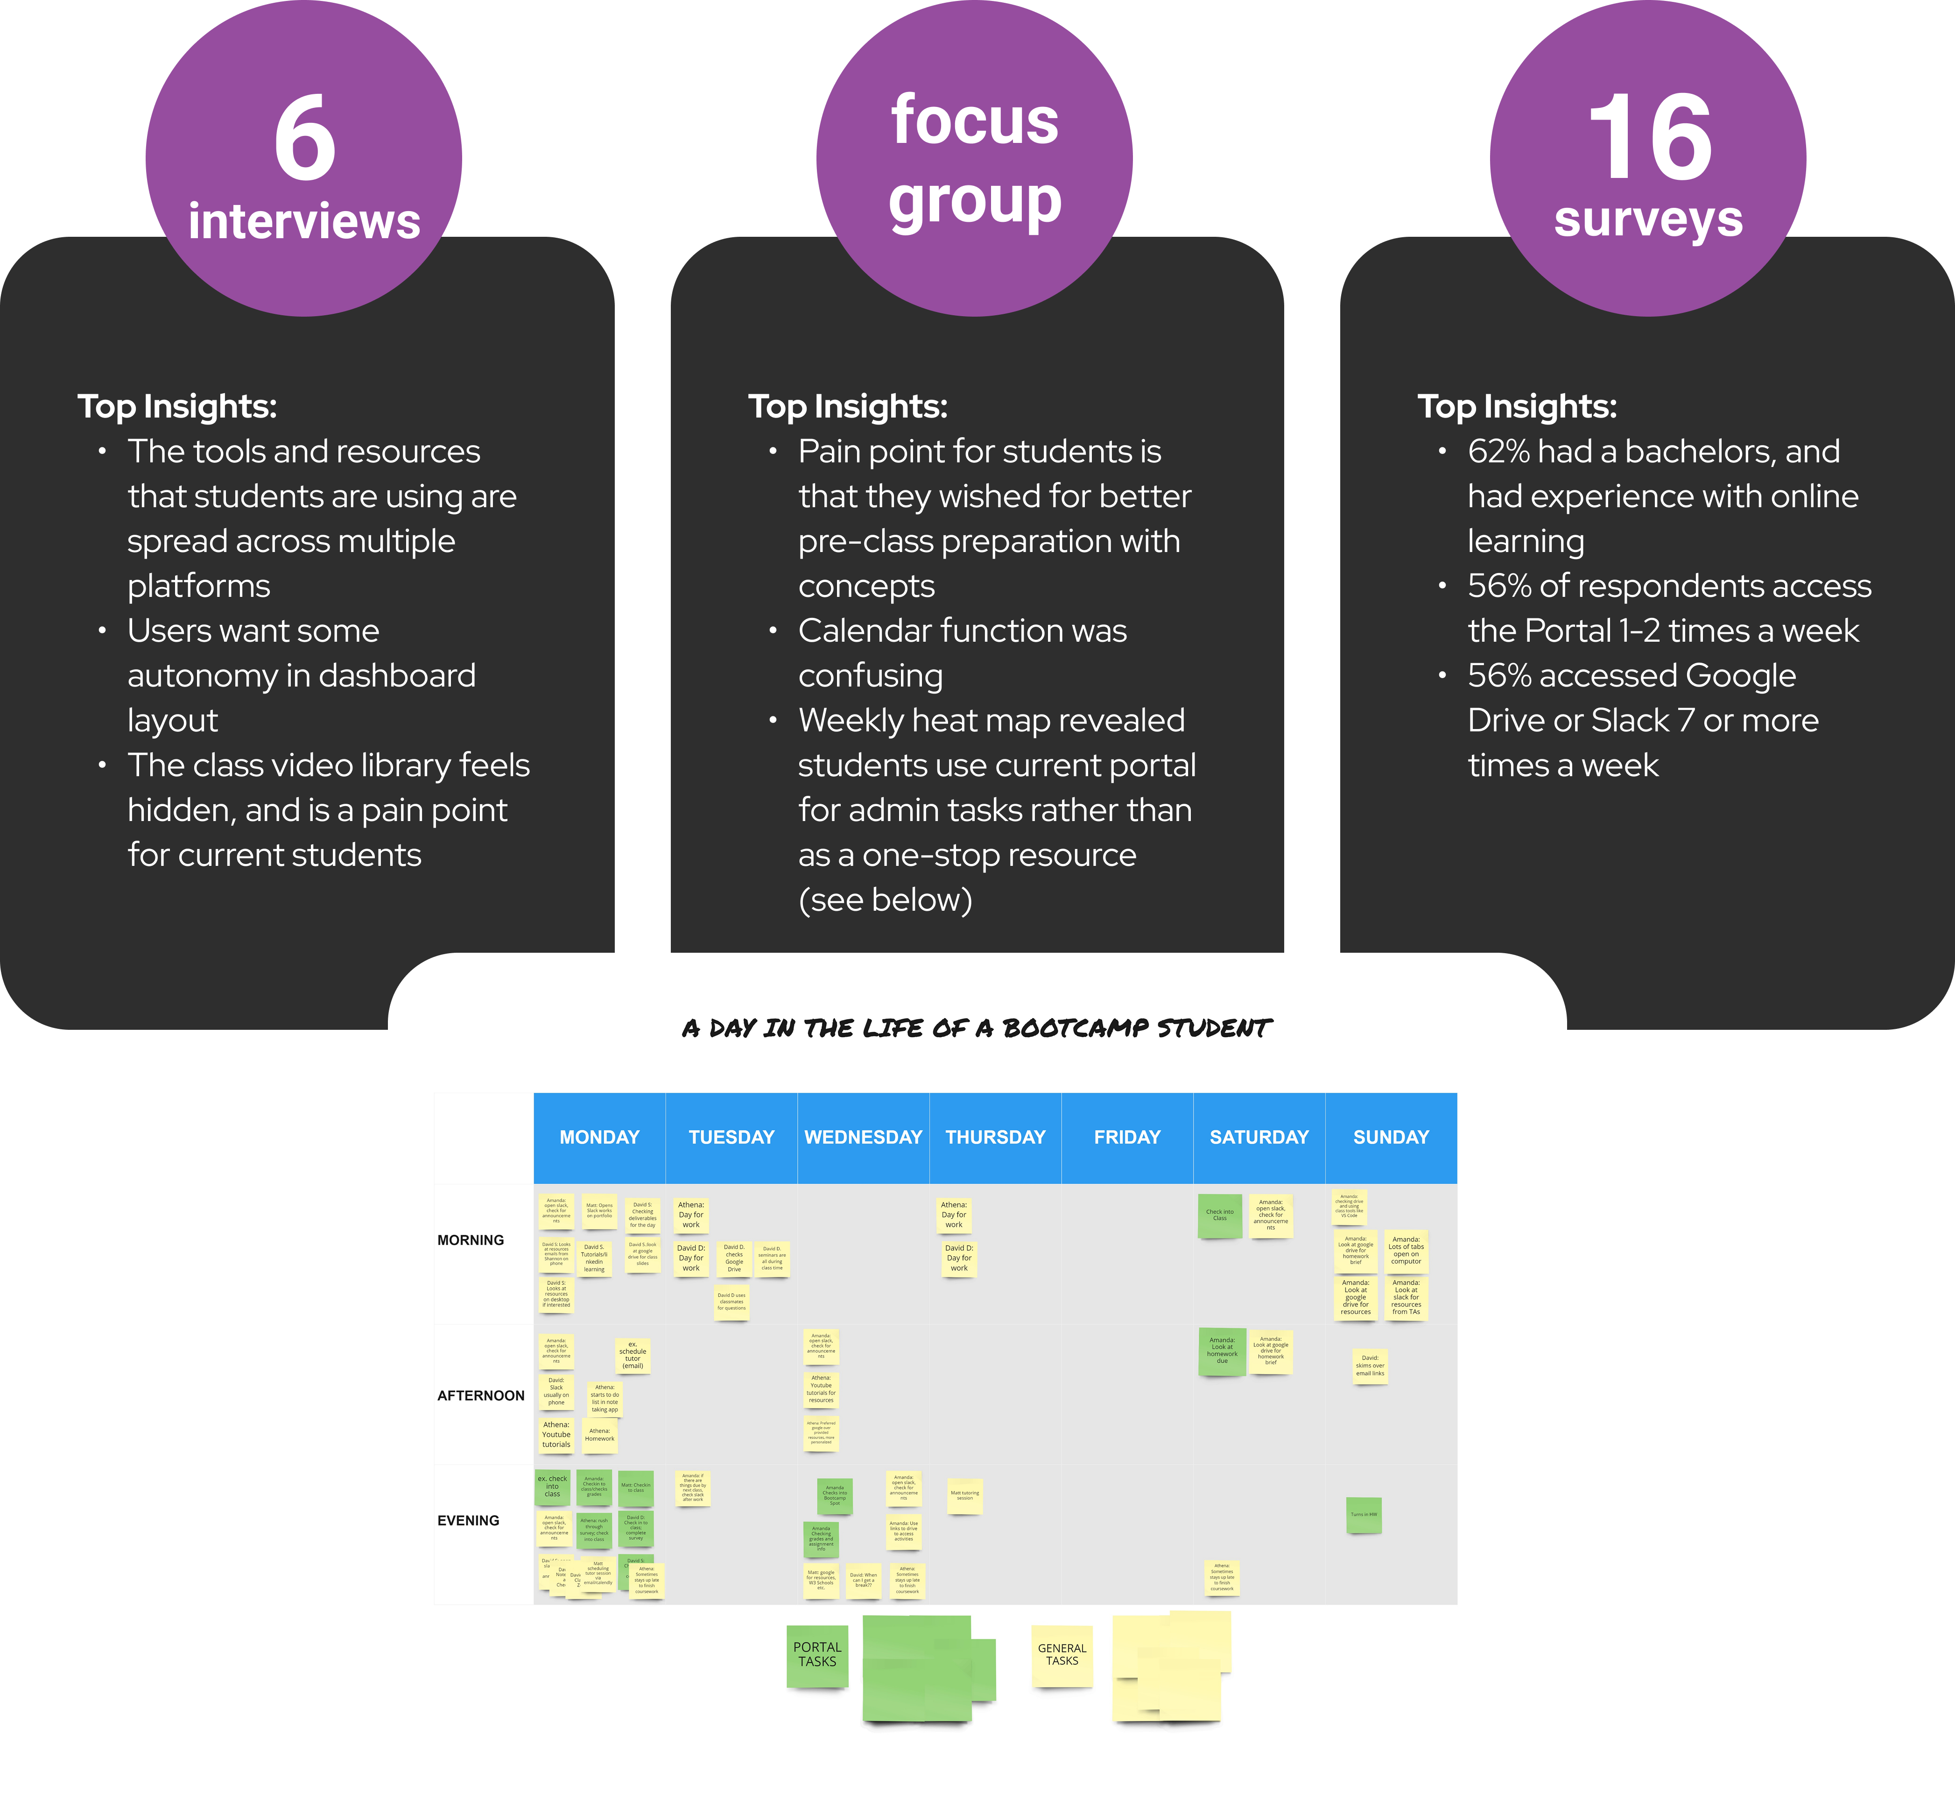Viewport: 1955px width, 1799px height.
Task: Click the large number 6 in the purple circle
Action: pos(304,139)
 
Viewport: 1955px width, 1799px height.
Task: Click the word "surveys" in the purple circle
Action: pos(1648,219)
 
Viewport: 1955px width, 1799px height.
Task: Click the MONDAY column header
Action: pos(599,1137)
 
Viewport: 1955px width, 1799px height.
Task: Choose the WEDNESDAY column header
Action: pos(863,1137)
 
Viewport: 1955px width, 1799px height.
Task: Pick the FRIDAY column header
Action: pos(1127,1137)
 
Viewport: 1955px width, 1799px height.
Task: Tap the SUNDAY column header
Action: pos(1391,1137)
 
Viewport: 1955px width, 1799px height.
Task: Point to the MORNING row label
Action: pos(471,1240)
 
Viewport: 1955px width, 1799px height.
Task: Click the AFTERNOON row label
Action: pos(481,1396)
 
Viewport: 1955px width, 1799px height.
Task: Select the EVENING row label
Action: pos(468,1521)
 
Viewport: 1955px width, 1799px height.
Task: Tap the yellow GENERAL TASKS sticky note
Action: pos(1062,1655)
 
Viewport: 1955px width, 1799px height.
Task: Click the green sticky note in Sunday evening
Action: pos(1364,1515)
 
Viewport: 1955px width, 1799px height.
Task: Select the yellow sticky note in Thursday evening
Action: pos(964,1495)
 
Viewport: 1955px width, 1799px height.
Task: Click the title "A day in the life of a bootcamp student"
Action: pos(977,1028)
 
